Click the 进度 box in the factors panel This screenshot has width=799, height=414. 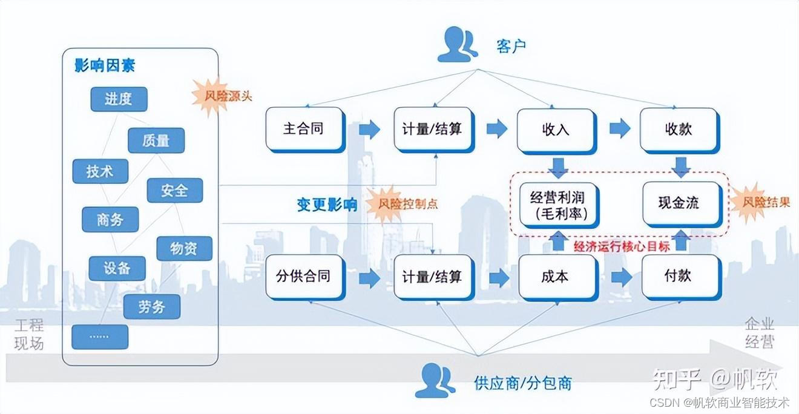tap(119, 99)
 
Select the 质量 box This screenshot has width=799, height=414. tap(156, 140)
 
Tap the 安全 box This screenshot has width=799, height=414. tap(174, 191)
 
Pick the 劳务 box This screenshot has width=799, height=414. tap(151, 306)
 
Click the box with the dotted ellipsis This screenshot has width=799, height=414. tap(100, 337)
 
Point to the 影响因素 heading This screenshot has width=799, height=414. tap(105, 65)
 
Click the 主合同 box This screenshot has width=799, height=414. tap(304, 129)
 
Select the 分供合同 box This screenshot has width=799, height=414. tap(304, 277)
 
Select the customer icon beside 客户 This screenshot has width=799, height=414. tap(458, 45)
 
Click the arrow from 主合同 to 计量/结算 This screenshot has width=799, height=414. tap(369, 129)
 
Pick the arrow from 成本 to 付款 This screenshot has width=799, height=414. tap(620, 277)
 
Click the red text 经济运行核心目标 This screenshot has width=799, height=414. tap(621, 246)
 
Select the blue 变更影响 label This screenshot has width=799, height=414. tap(327, 204)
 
